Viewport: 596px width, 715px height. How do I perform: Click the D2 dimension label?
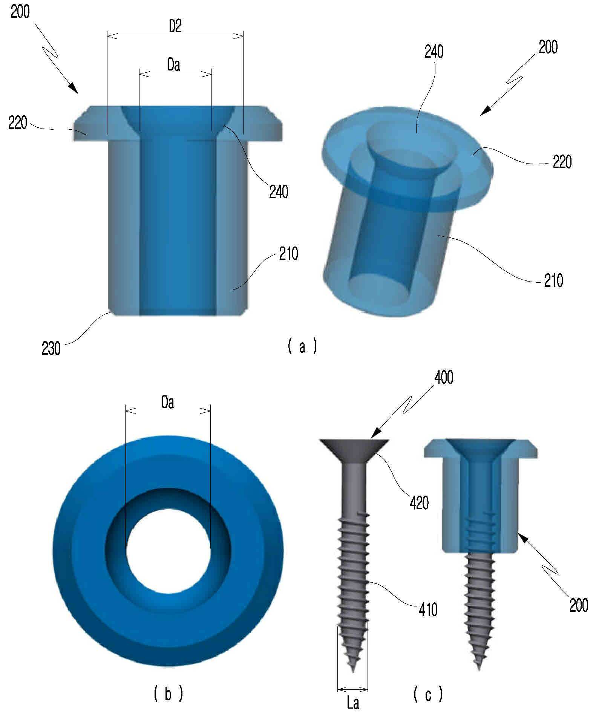tap(175, 27)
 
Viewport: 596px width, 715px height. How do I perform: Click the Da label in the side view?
tap(174, 65)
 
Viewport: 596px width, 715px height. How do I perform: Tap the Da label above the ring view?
tap(168, 403)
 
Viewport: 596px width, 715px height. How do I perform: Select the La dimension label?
tap(353, 703)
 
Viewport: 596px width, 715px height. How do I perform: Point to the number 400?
tap(444, 377)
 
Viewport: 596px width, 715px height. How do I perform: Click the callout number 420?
tap(419, 503)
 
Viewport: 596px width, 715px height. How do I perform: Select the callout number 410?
tap(428, 609)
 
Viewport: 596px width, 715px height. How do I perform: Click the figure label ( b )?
tap(169, 693)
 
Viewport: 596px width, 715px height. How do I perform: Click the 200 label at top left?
tap(20, 12)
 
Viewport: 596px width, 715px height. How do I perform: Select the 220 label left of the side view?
tap(18, 123)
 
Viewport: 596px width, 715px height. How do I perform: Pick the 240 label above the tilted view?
tap(434, 52)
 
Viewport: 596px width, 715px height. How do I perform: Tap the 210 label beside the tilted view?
tap(553, 281)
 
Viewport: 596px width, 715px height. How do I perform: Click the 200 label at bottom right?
tap(578, 605)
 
